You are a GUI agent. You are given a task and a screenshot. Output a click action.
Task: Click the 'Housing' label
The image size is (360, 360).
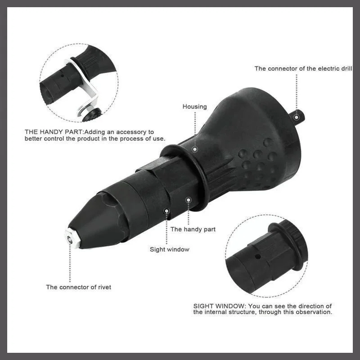(x=194, y=107)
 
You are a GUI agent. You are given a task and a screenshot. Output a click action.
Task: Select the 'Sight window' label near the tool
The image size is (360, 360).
(x=169, y=249)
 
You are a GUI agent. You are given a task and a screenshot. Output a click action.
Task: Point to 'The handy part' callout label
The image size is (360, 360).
(x=193, y=229)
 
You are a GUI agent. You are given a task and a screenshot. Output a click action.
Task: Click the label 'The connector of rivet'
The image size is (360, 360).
(x=78, y=287)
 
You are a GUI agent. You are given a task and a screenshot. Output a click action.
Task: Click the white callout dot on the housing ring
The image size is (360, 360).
(x=195, y=148)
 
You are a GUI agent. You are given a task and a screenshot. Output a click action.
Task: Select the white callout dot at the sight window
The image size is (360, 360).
(x=166, y=210)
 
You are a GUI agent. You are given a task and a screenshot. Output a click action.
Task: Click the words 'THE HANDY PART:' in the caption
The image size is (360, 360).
(x=54, y=132)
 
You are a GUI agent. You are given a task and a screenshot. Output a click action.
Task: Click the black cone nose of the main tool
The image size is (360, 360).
(x=94, y=220)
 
